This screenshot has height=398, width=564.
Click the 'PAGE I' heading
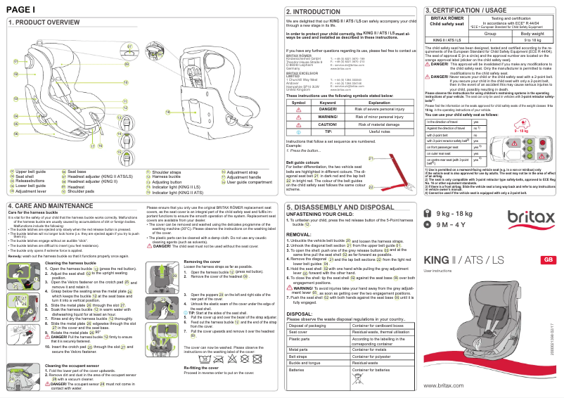click(20, 8)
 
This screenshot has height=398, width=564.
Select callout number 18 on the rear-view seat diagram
click(168, 112)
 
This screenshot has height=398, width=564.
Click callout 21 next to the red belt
click(371, 158)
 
